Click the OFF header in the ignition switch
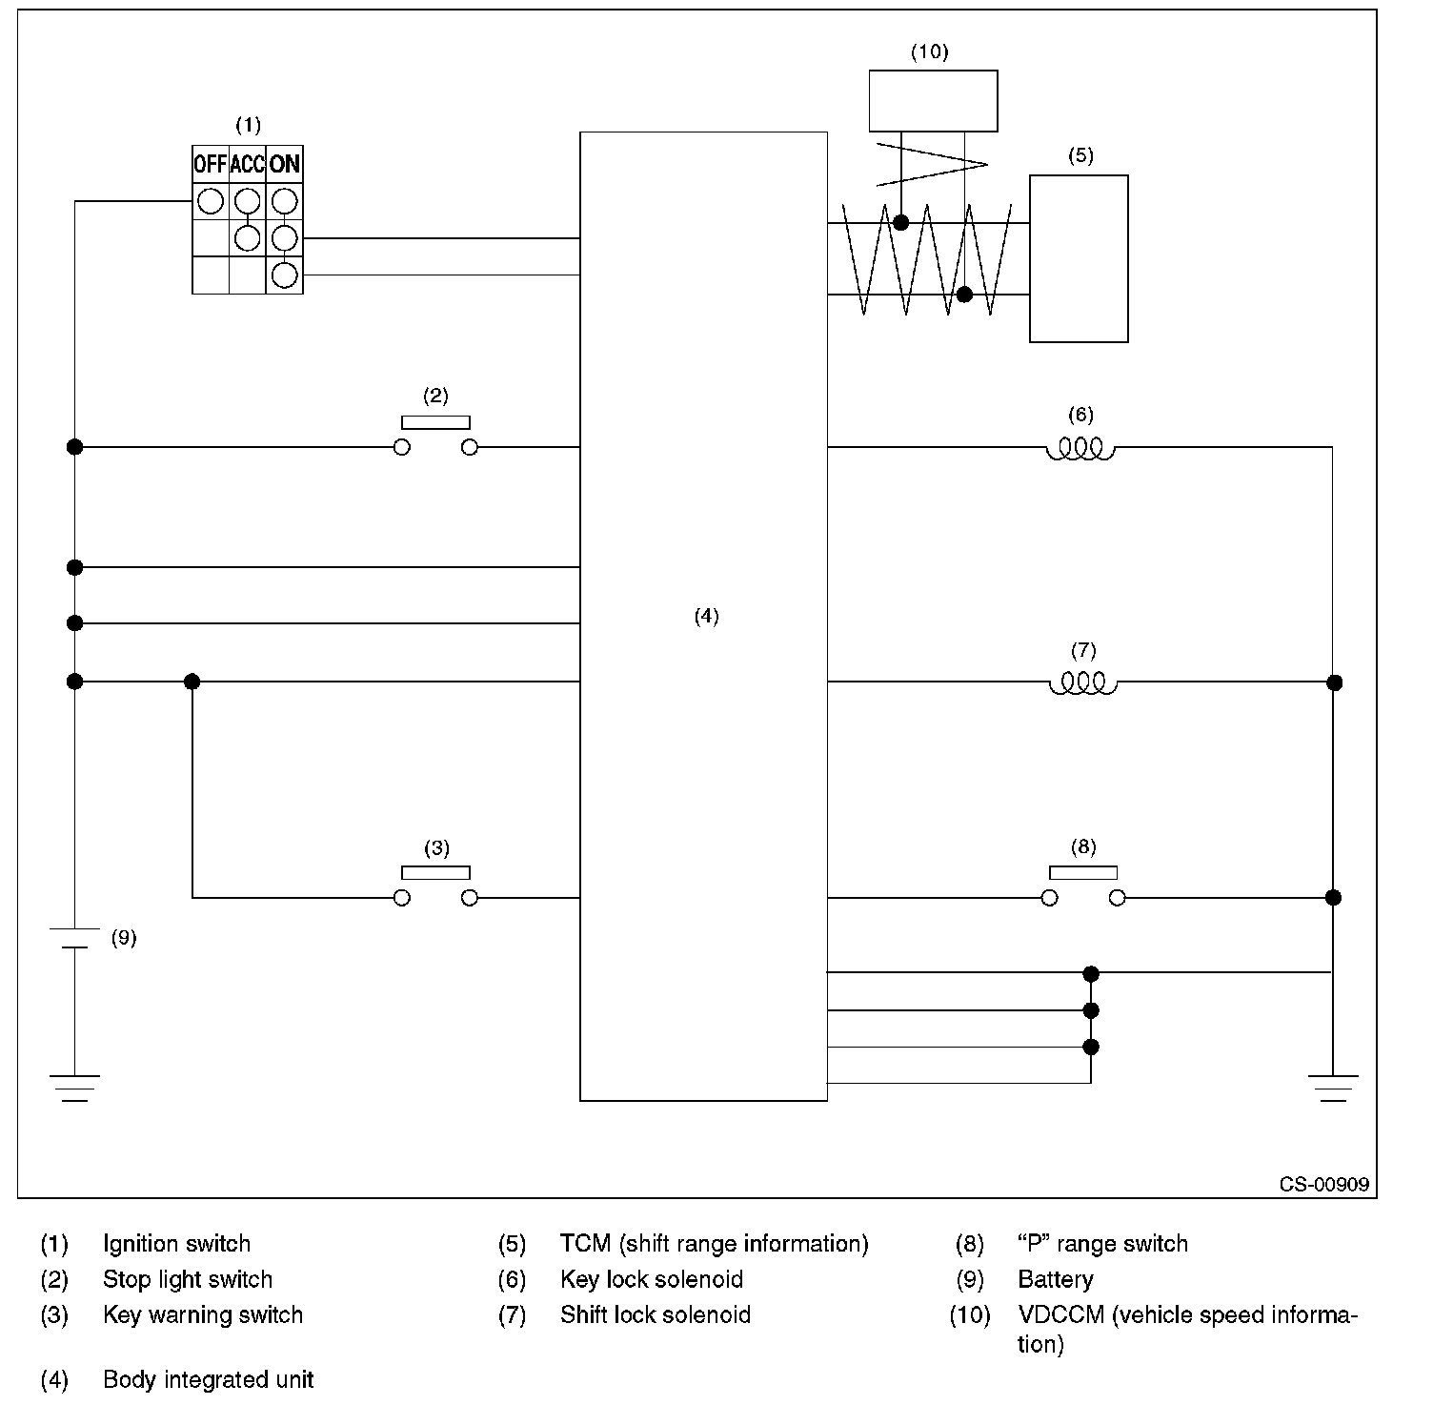coord(211,164)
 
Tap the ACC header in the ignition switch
coord(247,164)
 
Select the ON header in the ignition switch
coord(285,164)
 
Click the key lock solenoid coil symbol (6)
coord(1080,448)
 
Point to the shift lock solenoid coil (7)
coord(1082,683)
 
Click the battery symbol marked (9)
coord(74,937)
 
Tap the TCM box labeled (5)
coord(1079,258)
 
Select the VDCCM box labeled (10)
coord(933,100)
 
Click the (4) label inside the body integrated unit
coord(706,617)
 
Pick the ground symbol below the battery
coord(74,1088)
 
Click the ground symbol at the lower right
coord(1333,1088)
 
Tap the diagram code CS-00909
coord(1323,1184)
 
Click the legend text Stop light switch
coord(188,1279)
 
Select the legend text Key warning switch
coord(203,1314)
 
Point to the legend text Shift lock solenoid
coord(656,1314)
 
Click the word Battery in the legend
coord(1056,1279)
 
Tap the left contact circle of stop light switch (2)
coord(402,447)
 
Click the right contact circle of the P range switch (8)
coord(1118,898)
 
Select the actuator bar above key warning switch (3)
coord(435,872)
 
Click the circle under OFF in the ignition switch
coord(211,201)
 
